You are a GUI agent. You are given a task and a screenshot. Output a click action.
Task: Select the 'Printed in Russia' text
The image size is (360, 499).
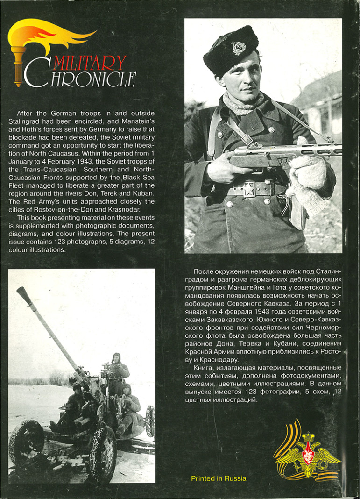[x=219, y=478]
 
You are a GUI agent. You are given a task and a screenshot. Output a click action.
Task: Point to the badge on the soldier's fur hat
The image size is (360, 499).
[x=238, y=48]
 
